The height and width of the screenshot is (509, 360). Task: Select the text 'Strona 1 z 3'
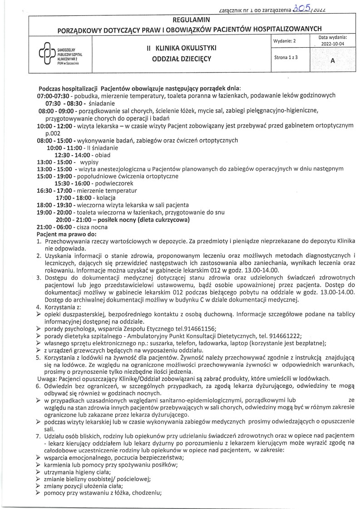(286, 59)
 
